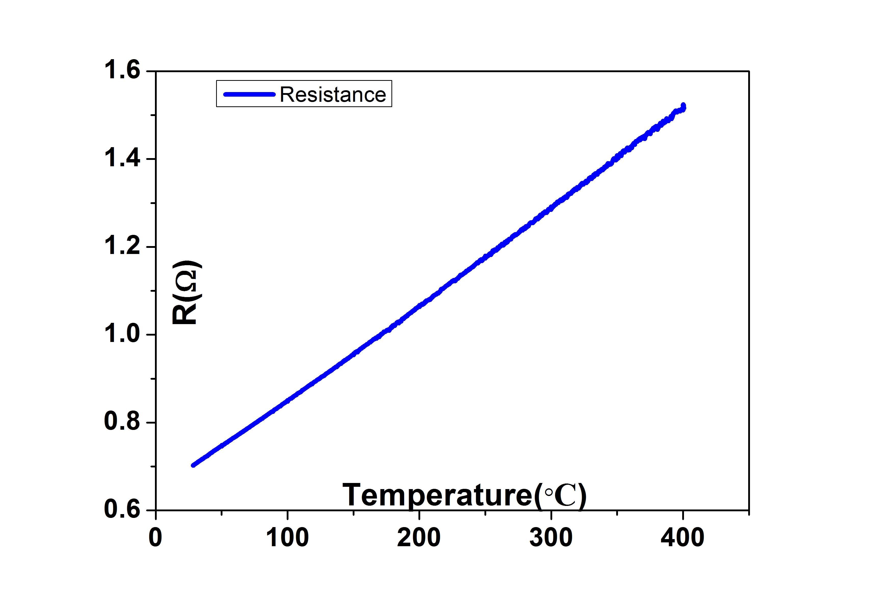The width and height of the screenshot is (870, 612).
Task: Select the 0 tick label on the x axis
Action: [155, 538]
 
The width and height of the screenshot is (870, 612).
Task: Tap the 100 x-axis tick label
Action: [287, 538]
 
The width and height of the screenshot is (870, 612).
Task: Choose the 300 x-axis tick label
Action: [551, 538]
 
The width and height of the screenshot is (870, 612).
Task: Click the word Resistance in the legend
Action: [333, 94]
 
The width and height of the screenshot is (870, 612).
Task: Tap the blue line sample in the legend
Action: [249, 94]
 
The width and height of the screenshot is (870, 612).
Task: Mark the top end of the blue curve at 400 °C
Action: [683, 106]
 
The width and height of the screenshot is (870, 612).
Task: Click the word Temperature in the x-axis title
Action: [438, 495]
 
